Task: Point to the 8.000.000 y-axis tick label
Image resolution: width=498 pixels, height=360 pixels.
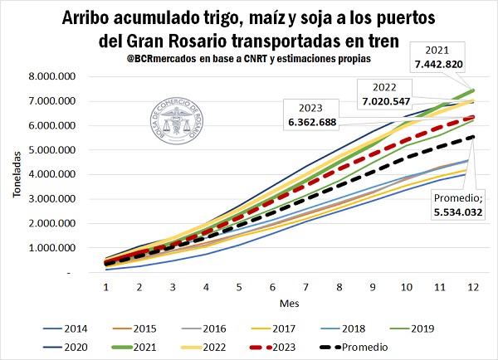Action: (71, 76)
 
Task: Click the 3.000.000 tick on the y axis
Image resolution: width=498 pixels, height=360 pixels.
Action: (71, 199)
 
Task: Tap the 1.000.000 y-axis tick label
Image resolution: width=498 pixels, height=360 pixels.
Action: (71, 248)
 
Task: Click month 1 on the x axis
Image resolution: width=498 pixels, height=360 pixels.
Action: (106, 286)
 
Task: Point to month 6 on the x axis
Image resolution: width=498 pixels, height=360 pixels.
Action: (273, 286)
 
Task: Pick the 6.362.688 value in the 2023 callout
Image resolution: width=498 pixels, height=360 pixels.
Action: (318, 122)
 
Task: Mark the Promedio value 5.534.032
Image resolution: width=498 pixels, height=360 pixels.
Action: (459, 212)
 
